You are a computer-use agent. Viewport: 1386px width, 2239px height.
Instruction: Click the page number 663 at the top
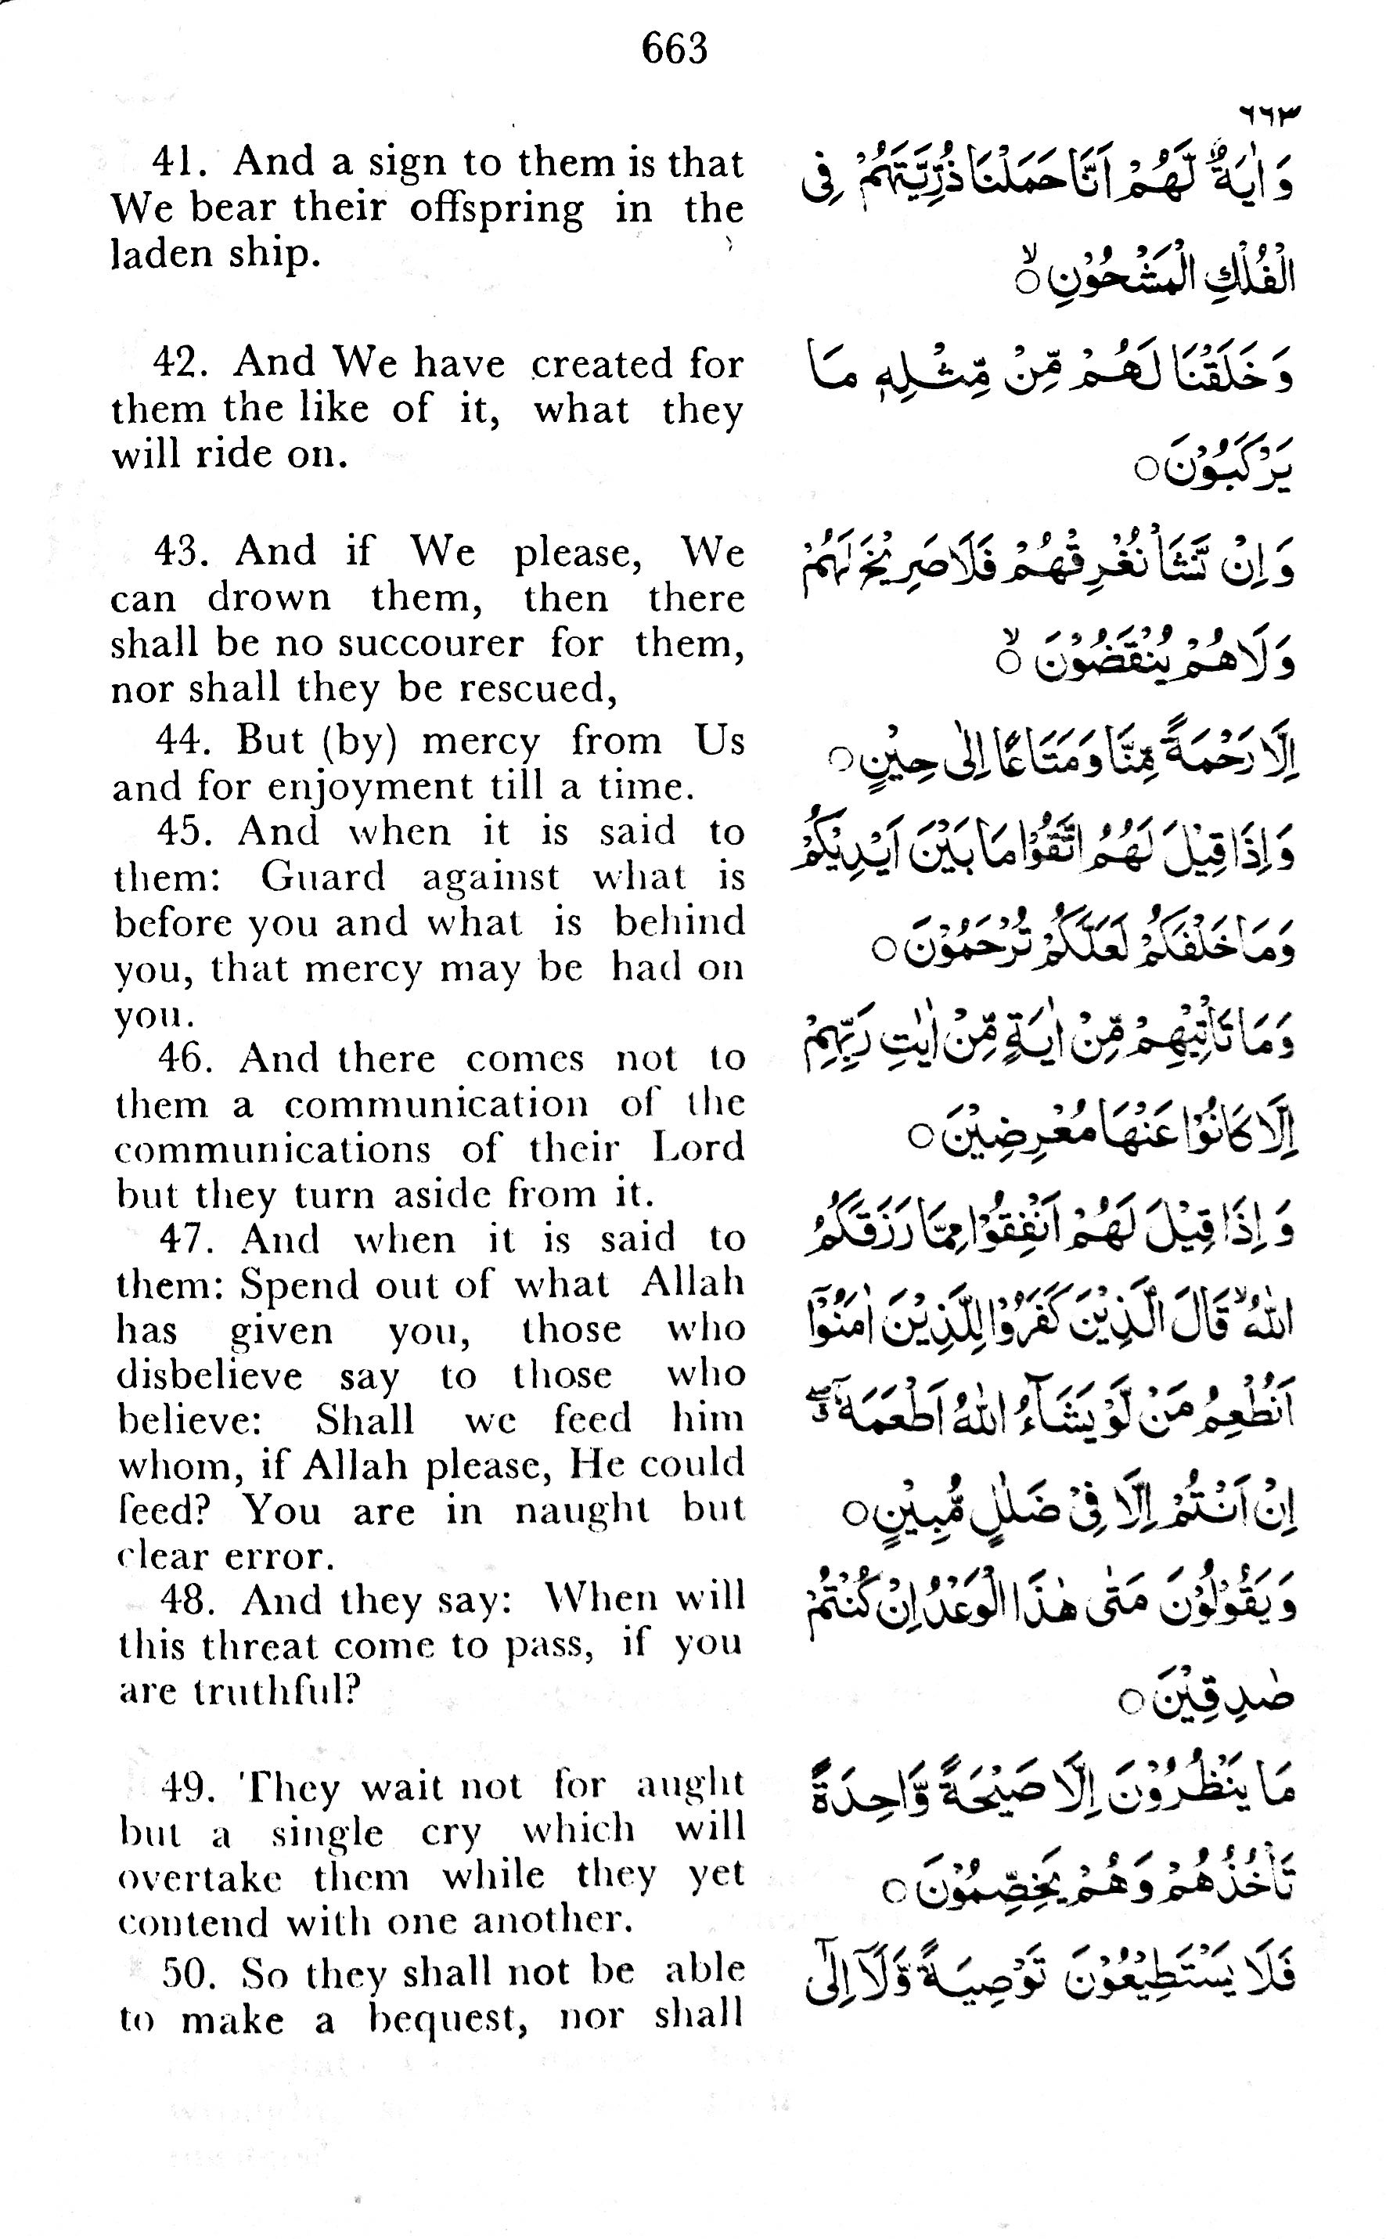click(675, 49)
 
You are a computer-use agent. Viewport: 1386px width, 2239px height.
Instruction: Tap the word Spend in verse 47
click(288, 1285)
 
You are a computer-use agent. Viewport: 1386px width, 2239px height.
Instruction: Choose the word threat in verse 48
click(259, 1646)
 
